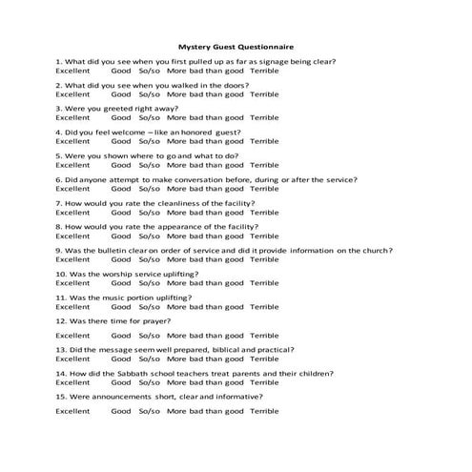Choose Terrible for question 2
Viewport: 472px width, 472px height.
pos(264,94)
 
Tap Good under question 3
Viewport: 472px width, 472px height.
pos(121,118)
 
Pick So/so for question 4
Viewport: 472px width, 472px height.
pos(149,141)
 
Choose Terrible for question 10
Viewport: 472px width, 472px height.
pos(264,283)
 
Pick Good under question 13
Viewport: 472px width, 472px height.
pos(121,359)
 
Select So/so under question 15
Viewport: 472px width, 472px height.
pos(149,411)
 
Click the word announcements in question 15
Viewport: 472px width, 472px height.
pos(125,396)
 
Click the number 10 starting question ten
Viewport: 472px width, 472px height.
pos(59,274)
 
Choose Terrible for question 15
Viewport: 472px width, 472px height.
pos(264,411)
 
